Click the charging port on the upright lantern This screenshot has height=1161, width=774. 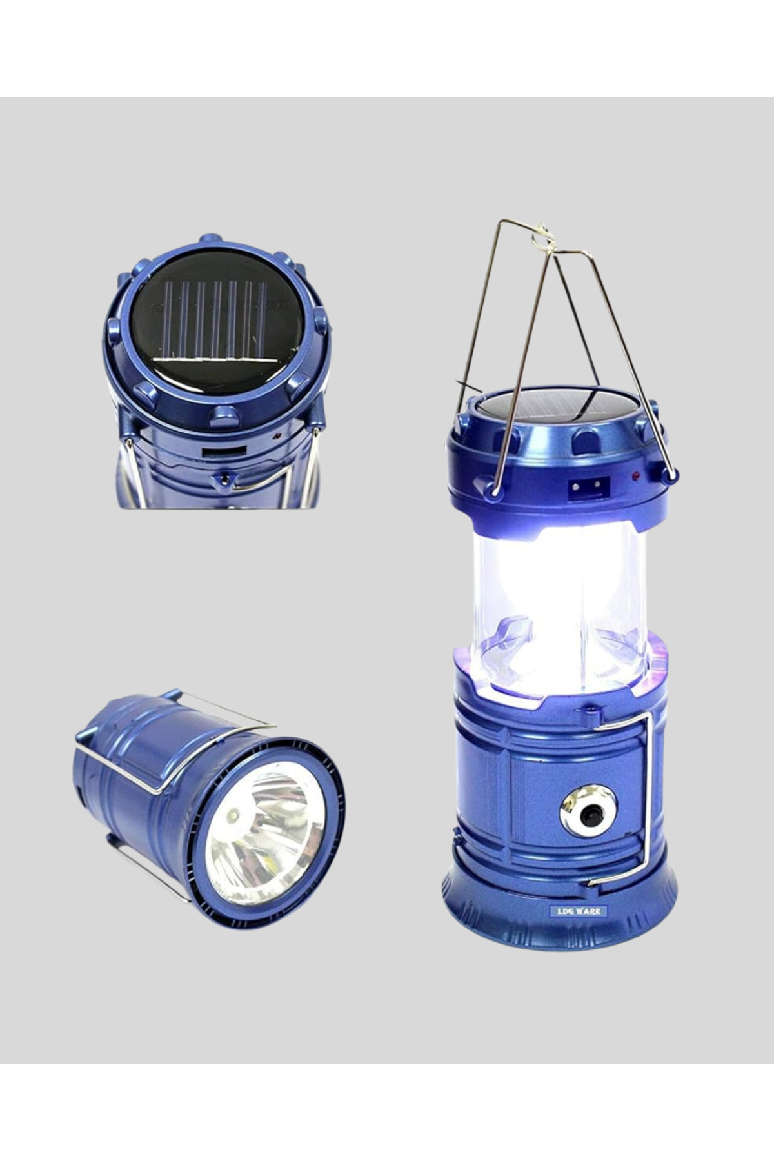tap(588, 486)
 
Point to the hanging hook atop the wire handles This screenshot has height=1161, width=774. tap(542, 237)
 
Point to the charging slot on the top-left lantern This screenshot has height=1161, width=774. tap(224, 451)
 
